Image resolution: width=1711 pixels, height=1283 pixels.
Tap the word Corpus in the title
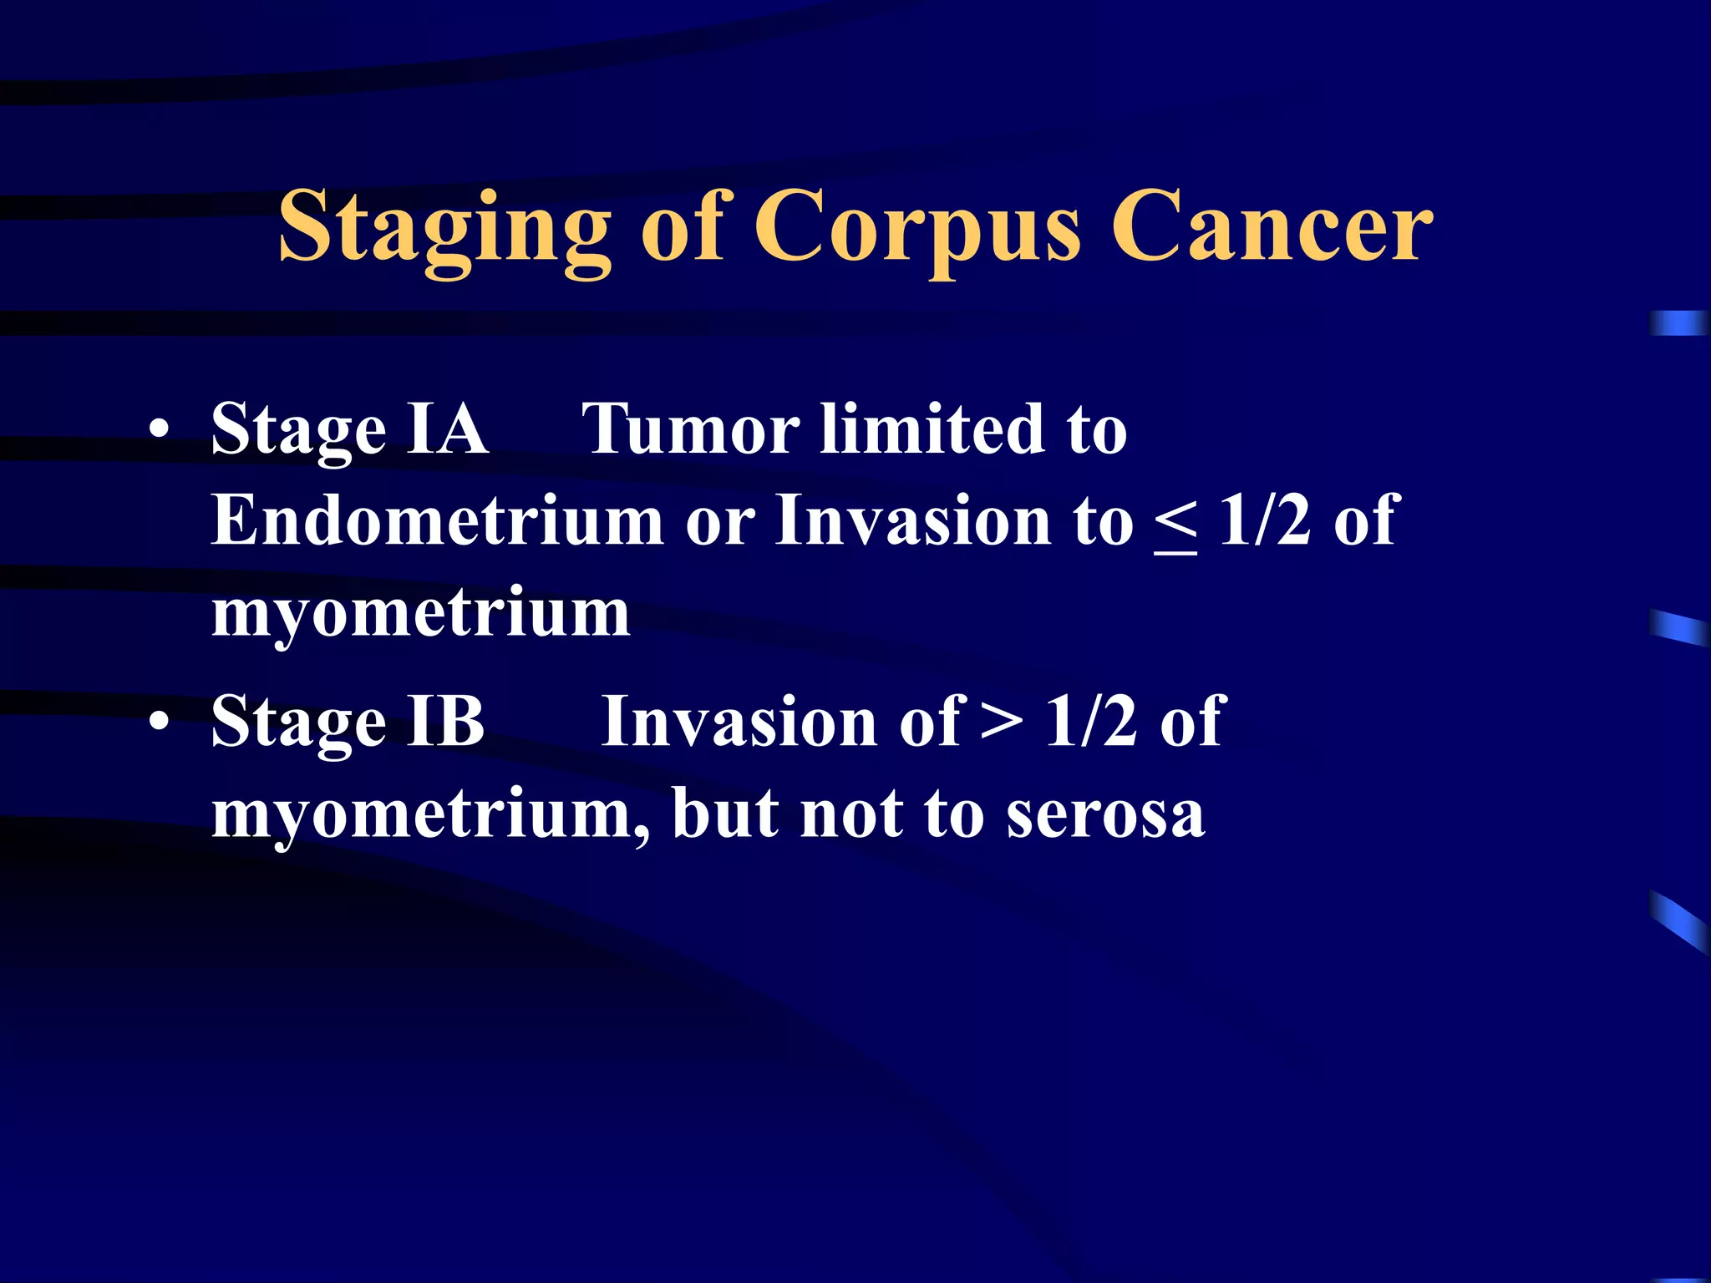916,227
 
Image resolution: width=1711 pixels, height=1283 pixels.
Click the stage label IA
447,429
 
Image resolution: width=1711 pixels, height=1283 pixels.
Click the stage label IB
445,721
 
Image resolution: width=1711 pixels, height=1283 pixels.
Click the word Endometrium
437,520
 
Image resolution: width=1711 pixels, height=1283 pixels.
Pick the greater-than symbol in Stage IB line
1001,721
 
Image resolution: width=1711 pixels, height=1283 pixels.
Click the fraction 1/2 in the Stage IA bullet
1265,520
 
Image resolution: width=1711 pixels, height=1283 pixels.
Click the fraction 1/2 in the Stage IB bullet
1091,721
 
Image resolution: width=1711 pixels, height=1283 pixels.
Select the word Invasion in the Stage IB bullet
739,721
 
